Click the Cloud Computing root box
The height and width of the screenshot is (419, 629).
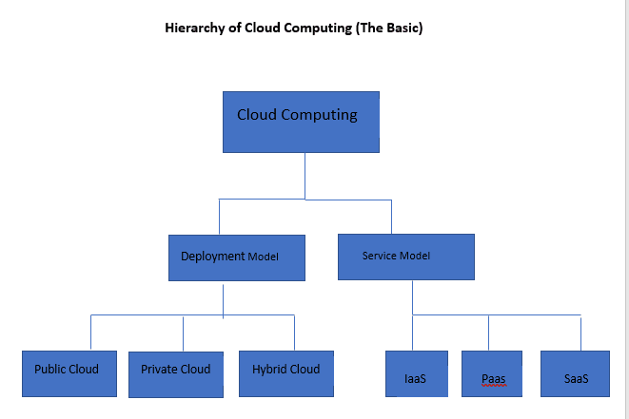(301, 122)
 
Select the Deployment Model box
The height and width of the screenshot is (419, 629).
(237, 257)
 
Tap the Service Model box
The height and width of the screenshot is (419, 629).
(405, 257)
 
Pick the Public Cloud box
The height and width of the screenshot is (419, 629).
(68, 373)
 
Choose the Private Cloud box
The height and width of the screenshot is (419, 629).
(176, 373)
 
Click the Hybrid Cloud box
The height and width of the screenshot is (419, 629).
(286, 373)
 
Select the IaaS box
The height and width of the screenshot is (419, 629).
(415, 373)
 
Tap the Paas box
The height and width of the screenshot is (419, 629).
(493, 373)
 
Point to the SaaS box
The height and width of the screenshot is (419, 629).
(576, 373)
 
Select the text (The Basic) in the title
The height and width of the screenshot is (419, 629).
(388, 28)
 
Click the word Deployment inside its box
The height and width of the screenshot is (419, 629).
(212, 257)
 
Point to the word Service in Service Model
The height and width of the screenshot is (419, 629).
(379, 257)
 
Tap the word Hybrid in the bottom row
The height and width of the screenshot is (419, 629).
(269, 369)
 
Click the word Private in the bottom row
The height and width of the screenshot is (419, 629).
(159, 369)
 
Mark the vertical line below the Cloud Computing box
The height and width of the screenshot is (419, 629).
(305, 176)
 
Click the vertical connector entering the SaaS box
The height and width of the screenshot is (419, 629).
(580, 333)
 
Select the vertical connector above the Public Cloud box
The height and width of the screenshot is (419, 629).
(91, 332)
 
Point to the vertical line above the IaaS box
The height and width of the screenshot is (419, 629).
(412, 333)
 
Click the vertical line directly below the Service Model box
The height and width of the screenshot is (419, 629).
(412, 296)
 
